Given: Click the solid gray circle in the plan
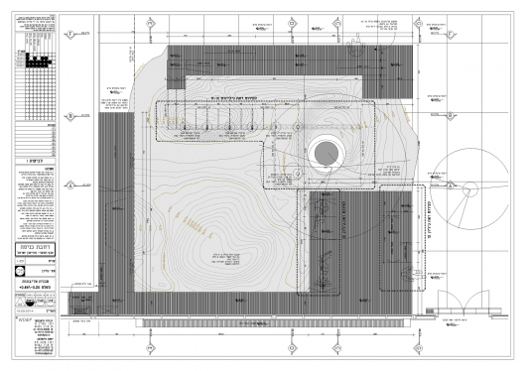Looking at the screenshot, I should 325,154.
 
